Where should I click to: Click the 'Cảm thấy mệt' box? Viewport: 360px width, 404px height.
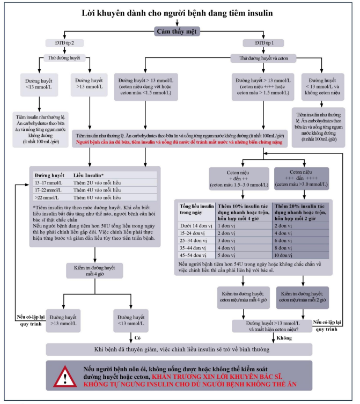pos(178,31)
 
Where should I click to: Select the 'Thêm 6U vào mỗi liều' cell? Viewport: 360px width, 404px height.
pos(94,197)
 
